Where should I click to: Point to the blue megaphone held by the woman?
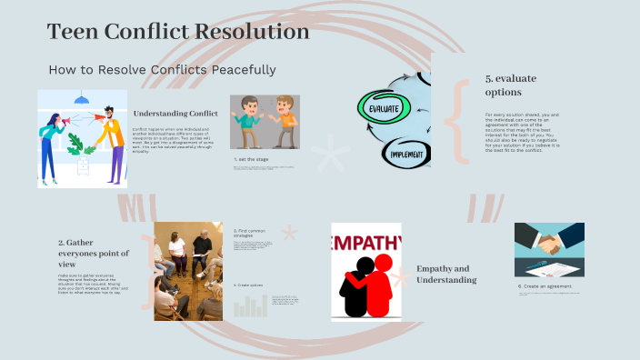click(52, 120)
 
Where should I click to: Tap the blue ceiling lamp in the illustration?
click(82, 98)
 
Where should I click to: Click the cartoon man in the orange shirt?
click(286, 120)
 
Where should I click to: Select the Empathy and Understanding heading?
click(446, 274)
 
